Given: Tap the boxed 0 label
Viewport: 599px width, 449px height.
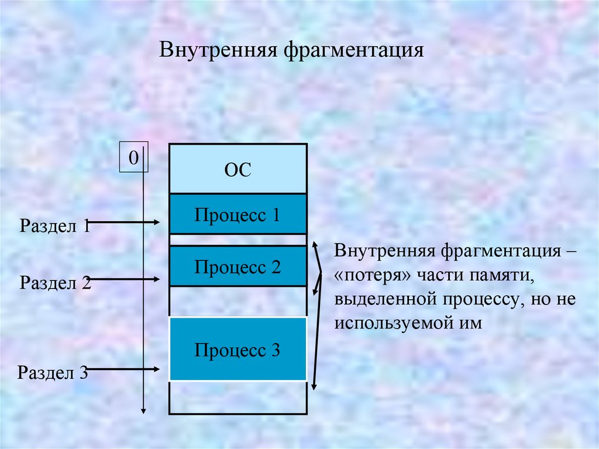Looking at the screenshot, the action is point(134,157).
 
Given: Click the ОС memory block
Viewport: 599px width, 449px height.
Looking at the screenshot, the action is point(237,170).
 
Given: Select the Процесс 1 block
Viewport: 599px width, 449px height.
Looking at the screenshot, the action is point(237,214).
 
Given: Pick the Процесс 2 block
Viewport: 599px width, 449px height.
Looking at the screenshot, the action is point(237,266).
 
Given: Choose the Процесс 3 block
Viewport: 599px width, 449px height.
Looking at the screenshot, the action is point(237,350).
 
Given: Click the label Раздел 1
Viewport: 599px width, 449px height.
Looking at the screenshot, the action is point(54,225).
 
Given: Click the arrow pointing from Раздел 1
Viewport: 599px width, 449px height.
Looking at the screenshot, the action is point(126,222).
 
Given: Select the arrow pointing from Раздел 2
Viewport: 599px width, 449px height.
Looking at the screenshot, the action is point(126,280).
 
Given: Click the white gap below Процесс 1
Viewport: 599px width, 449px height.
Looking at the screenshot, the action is point(237,240).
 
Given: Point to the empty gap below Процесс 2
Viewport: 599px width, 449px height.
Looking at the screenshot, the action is point(237,301).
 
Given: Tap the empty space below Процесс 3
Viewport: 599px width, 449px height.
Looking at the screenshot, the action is point(237,398).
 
